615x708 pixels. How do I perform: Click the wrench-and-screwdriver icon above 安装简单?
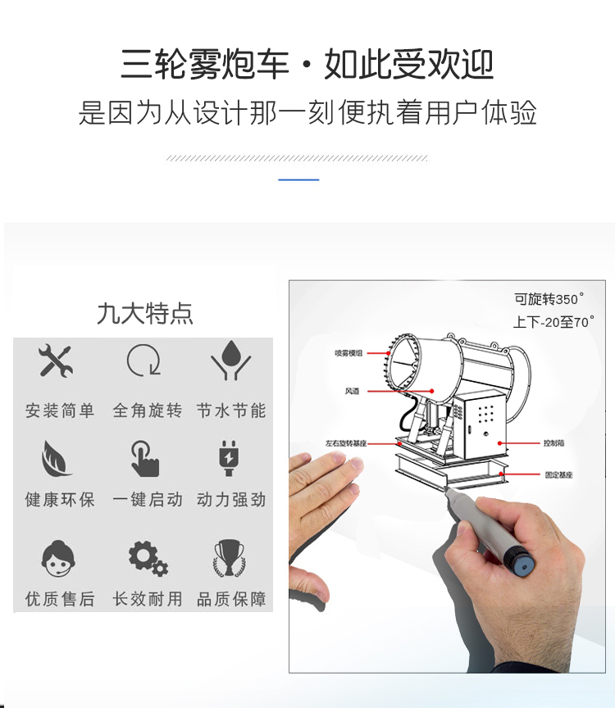pos(56,361)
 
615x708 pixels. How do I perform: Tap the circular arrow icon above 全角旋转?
pos(143,361)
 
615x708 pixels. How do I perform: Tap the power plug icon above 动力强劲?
pos(229,458)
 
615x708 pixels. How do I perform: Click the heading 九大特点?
pos(144,314)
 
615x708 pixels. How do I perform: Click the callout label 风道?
pos(352,392)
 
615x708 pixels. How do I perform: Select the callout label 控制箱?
pos(553,443)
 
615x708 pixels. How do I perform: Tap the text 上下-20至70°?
pos(553,322)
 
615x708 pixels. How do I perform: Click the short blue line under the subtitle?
pos(298,179)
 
